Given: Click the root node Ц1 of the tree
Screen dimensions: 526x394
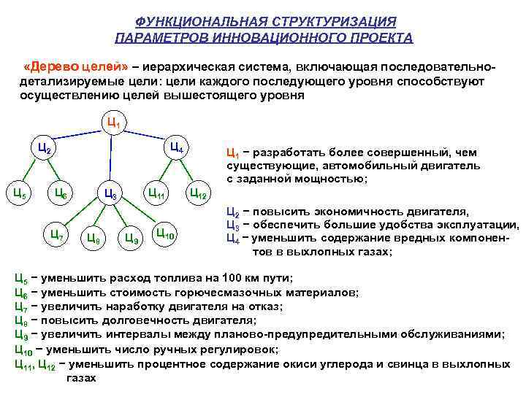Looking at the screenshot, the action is pos(113,122).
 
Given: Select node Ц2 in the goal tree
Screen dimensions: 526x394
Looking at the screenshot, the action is pos(45,148).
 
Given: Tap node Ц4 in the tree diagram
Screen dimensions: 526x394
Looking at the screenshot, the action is pos(176,148).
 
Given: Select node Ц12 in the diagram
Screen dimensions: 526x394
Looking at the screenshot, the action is pos(198,193).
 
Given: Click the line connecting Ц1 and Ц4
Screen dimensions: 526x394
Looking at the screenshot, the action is pos(146,135).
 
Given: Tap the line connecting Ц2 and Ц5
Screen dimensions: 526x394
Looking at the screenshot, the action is pos(31,172).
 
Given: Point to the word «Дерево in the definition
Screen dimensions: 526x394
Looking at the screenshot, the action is pos(54,67).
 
